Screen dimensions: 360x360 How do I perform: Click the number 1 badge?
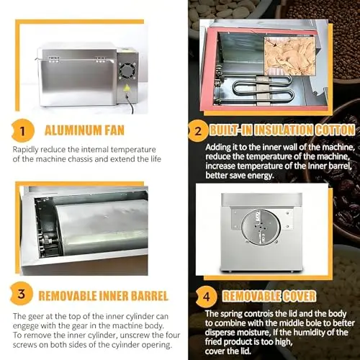point(23,131)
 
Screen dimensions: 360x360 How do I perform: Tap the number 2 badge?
point(198,131)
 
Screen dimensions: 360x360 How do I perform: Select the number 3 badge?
point(22,294)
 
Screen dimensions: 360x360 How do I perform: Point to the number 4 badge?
point(207,297)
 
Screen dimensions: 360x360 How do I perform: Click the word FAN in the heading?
point(114,130)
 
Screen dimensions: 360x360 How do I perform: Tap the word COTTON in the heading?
point(335,130)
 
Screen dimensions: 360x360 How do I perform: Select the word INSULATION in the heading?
point(284,130)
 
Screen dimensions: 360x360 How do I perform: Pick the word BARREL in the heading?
point(150,296)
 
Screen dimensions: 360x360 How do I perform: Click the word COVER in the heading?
point(300,296)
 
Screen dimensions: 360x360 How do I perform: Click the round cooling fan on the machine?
point(127,71)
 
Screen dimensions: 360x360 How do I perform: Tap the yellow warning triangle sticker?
point(127,88)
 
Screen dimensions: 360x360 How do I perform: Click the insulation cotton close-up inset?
point(289,55)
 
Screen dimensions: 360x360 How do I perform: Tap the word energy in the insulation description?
point(261,176)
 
